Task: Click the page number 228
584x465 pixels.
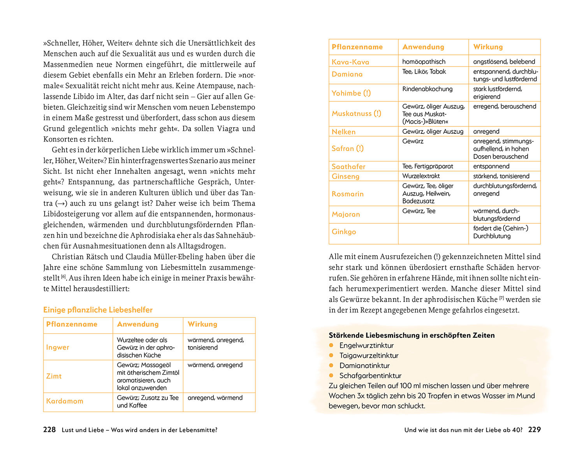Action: coord(49,430)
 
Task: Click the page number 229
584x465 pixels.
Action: coord(534,430)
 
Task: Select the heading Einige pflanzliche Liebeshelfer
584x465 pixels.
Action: coord(98,310)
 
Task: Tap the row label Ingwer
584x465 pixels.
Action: coord(58,347)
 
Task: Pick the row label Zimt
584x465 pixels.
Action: coord(54,376)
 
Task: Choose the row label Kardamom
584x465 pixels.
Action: coord(65,401)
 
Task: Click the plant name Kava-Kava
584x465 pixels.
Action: coord(350,62)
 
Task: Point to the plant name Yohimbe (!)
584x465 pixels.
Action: coord(351,93)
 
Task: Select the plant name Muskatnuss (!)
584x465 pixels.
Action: coord(356,114)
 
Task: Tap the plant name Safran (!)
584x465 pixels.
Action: coord(348,148)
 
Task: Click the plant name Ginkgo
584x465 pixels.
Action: coord(344,232)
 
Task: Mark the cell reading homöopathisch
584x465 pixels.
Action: coord(424,61)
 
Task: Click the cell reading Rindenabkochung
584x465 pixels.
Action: coord(427,89)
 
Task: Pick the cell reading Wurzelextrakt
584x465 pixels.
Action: coord(421,176)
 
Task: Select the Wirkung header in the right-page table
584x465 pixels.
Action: coord(488,47)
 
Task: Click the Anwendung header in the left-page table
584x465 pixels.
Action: coord(138,324)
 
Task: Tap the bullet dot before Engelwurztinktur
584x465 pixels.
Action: coord(331,345)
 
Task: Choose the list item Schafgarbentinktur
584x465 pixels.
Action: coord(370,376)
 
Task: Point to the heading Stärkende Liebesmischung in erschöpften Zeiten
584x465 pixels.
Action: coord(412,335)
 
